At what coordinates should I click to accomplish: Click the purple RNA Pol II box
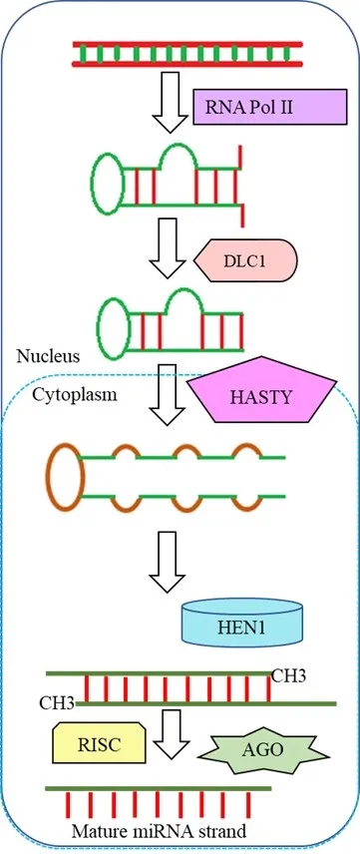point(270,107)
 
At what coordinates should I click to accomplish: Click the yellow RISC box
point(99,743)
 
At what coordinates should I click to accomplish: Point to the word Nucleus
point(48,357)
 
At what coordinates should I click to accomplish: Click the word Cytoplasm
point(75,394)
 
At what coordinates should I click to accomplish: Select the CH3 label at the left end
point(57,702)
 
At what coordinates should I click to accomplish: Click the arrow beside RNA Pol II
point(170,103)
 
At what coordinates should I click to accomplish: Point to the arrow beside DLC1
point(169,248)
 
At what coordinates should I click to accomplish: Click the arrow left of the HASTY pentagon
point(168,395)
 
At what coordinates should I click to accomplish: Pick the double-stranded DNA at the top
point(187,54)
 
